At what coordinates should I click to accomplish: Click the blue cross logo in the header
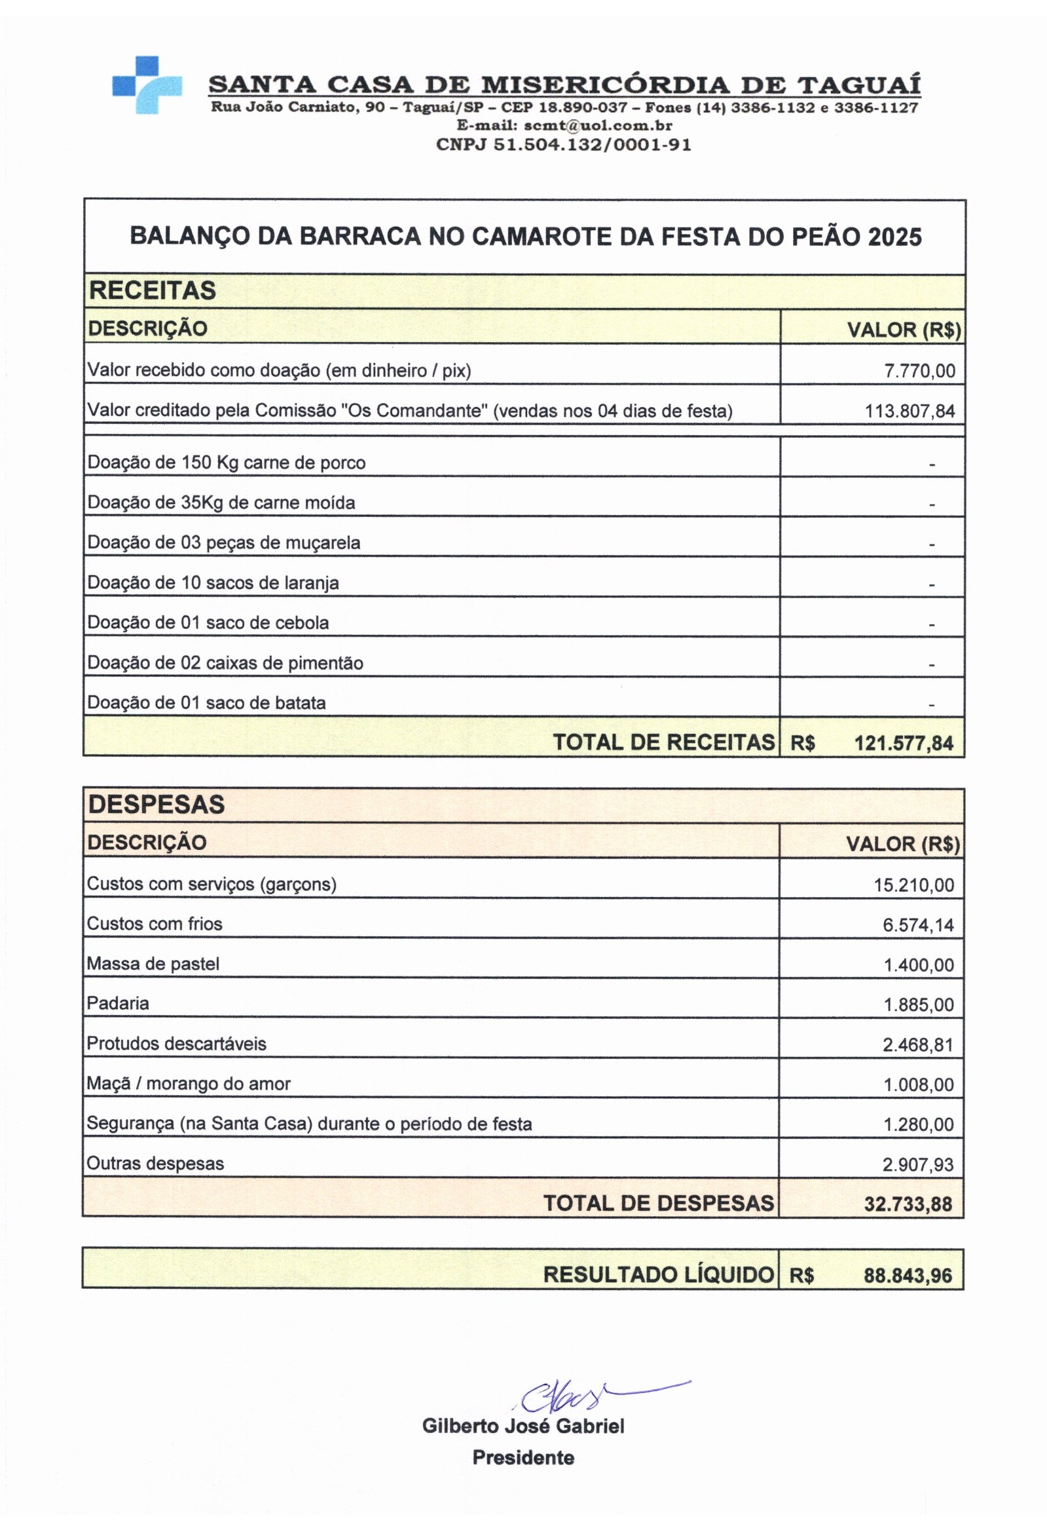[147, 85]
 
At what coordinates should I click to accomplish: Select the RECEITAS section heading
[152, 290]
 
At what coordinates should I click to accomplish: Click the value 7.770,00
[919, 371]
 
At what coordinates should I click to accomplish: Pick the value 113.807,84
[909, 411]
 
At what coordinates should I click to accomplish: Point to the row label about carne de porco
[227, 463]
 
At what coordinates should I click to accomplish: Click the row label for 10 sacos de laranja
[213, 583]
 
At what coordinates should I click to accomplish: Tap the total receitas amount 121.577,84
[903, 744]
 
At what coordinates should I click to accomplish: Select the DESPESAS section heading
[156, 805]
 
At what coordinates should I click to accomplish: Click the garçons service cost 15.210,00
[913, 885]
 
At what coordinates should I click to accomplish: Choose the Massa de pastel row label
[153, 964]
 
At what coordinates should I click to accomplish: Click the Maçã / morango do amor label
[188, 1084]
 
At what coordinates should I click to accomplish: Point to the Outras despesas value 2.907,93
[917, 1164]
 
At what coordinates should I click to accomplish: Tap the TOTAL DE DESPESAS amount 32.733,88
[908, 1205]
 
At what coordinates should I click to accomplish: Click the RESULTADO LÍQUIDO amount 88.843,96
[908, 1276]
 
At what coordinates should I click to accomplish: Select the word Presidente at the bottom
[523, 1457]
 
